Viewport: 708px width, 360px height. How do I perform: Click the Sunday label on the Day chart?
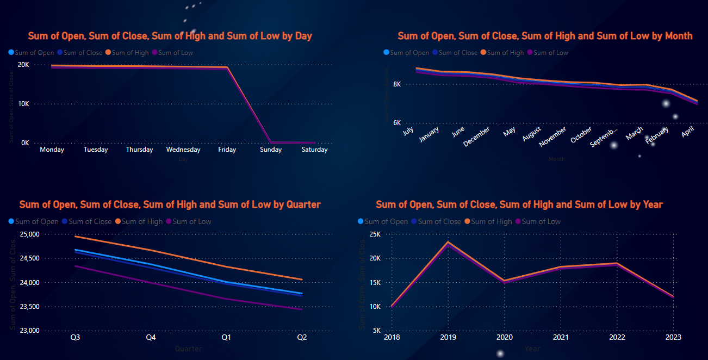(271, 150)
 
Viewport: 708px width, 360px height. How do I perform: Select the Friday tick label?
(227, 150)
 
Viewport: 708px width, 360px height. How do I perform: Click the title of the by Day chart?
(170, 36)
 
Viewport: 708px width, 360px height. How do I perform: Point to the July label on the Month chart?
(408, 131)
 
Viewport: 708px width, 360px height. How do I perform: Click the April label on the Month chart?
(688, 131)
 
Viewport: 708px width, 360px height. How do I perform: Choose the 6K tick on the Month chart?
(397, 123)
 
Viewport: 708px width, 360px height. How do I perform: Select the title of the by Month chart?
(545, 36)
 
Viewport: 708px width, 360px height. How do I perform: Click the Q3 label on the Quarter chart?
(76, 338)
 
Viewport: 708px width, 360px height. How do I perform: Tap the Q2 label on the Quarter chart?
(302, 338)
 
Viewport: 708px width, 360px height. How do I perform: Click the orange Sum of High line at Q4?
(151, 251)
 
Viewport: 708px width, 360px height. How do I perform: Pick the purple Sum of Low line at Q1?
(226, 299)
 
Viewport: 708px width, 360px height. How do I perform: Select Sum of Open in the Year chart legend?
(386, 221)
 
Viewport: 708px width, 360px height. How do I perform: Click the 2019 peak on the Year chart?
(448, 242)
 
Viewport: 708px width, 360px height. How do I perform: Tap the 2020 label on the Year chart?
(504, 338)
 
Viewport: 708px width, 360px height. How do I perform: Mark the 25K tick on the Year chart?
(375, 234)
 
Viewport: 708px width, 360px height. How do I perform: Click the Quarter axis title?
(188, 349)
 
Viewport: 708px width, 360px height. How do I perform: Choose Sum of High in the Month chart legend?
(505, 53)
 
